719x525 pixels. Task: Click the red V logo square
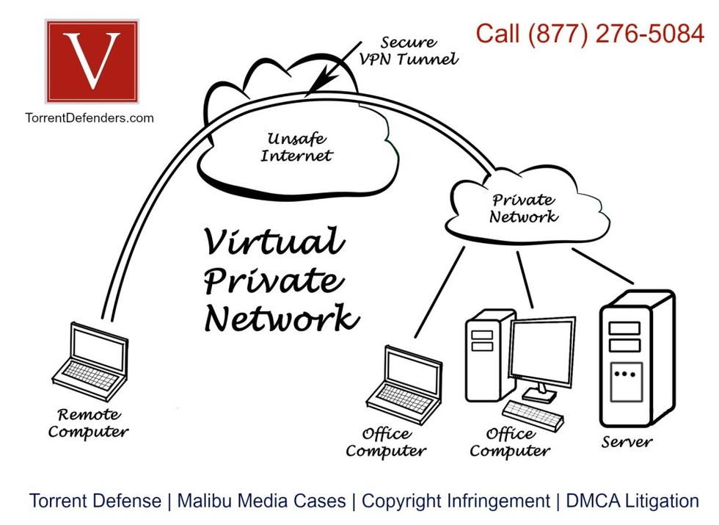coord(91,62)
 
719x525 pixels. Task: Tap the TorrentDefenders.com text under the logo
coord(90,117)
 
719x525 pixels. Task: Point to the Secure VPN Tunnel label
coord(407,51)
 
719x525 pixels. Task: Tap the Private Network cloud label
coord(523,208)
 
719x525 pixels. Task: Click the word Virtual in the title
coord(273,242)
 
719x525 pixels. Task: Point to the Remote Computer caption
coord(89,424)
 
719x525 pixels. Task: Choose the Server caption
coord(627,441)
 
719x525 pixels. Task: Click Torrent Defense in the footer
coord(95,502)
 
